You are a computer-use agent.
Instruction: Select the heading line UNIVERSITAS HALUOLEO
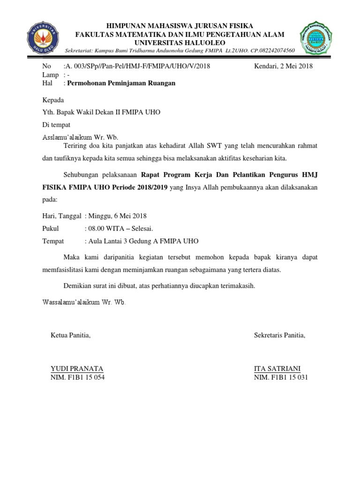click(180, 42)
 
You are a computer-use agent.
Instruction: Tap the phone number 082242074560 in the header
click(273, 51)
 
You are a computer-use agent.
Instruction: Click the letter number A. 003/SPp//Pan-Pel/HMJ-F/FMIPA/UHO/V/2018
click(137, 66)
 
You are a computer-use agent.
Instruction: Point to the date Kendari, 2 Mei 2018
click(283, 66)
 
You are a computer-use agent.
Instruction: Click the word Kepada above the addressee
click(53, 100)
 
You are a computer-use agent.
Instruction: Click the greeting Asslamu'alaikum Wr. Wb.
click(81, 137)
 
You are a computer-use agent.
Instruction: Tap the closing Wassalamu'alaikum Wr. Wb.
click(84, 302)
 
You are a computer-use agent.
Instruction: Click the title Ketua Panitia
click(70, 335)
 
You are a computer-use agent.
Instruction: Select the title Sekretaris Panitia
click(279, 335)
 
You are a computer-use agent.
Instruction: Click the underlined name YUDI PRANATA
click(77, 368)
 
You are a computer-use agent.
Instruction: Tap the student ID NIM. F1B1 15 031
click(281, 377)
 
